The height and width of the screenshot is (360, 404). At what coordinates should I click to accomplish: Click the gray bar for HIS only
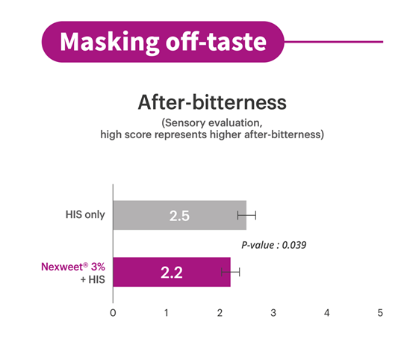click(x=179, y=215)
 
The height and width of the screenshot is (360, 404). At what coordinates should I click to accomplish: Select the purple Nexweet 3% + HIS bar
click(x=172, y=272)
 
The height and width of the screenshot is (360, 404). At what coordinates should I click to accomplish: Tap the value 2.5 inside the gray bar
click(x=179, y=216)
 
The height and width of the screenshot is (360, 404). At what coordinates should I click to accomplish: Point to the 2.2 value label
click(x=172, y=273)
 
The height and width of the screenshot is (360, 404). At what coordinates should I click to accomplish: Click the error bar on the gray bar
click(x=246, y=215)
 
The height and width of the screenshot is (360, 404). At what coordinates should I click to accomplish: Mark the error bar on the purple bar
click(x=231, y=272)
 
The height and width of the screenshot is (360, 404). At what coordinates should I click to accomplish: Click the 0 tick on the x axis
click(x=113, y=313)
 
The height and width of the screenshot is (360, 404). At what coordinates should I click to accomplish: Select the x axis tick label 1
click(x=167, y=313)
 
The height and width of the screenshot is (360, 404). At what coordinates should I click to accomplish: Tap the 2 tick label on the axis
click(x=220, y=313)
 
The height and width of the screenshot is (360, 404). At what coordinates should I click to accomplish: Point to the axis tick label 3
click(x=273, y=313)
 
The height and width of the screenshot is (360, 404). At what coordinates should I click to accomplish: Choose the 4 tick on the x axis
click(x=326, y=313)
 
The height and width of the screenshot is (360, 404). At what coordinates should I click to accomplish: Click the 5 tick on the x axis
click(x=380, y=313)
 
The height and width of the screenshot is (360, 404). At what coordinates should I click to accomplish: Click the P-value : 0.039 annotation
click(x=273, y=245)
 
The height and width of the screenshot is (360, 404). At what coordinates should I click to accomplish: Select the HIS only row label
click(x=85, y=214)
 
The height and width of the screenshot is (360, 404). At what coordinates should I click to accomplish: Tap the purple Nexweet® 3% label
click(x=73, y=267)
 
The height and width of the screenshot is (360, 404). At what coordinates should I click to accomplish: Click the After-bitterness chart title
click(x=212, y=102)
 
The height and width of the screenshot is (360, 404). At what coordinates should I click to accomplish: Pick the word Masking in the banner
click(x=109, y=42)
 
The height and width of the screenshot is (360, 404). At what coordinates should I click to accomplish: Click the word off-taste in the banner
click(x=216, y=41)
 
